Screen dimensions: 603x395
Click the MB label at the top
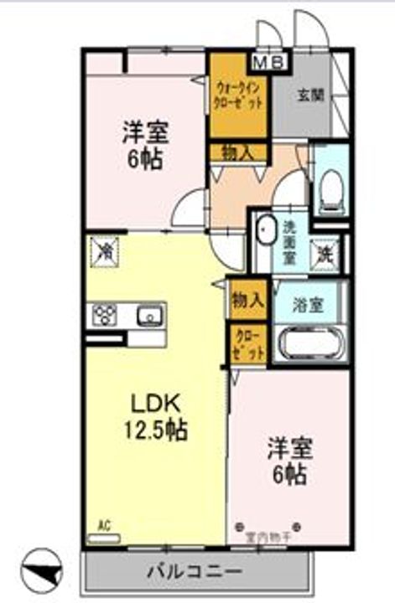click(x=269, y=60)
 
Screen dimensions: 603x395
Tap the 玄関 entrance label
click(x=308, y=95)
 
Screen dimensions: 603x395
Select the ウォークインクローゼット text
click(x=238, y=93)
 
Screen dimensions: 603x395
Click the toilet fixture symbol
click(x=332, y=187)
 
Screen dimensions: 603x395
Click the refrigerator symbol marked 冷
click(x=107, y=250)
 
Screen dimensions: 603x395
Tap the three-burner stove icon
click(x=104, y=315)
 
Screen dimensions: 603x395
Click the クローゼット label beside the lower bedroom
click(x=249, y=344)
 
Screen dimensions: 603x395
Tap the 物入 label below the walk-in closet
click(x=237, y=152)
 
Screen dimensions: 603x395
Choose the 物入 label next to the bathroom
click(x=249, y=299)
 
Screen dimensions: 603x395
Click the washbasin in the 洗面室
click(x=266, y=230)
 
